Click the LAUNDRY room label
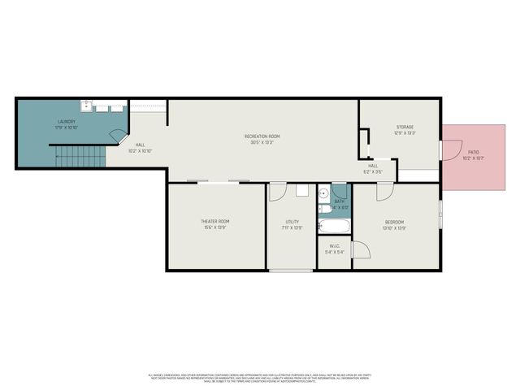point(65,121)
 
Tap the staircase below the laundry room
point(80,156)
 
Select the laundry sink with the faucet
point(85,106)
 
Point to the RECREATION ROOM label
point(262,136)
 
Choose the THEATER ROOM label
point(215,221)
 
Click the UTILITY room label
point(292,221)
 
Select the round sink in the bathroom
point(323,194)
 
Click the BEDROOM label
point(394,222)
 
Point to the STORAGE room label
point(405,127)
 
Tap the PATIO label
point(473,152)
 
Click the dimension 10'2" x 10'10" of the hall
point(141,151)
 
